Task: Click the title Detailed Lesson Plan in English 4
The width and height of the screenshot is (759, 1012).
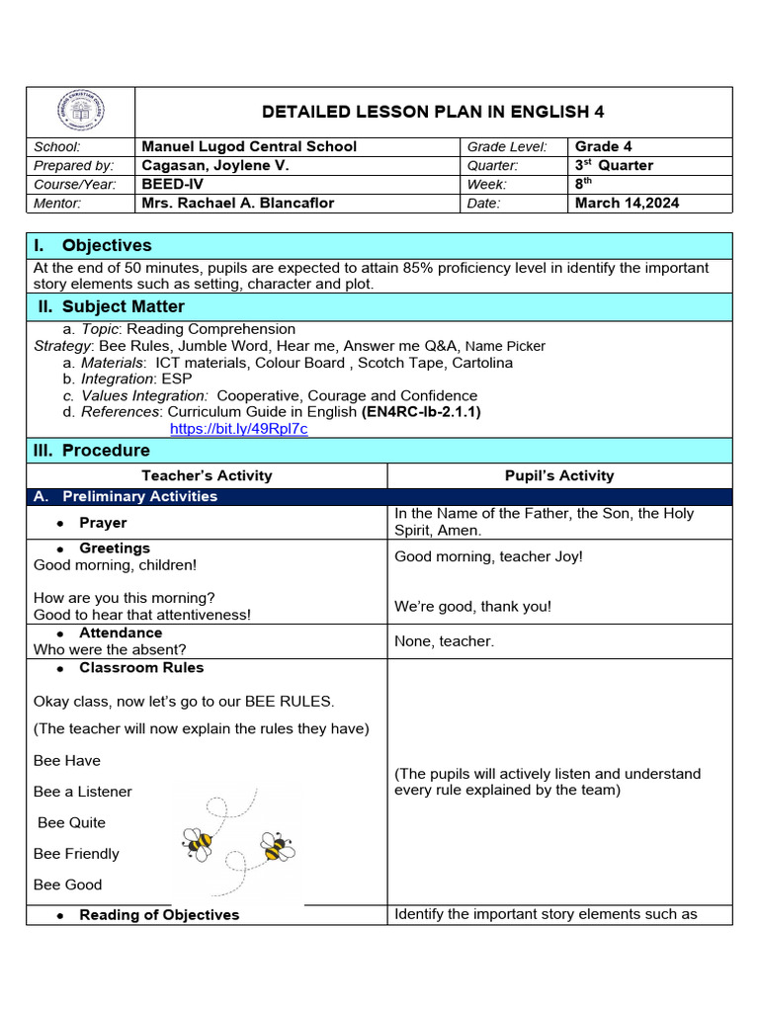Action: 432,111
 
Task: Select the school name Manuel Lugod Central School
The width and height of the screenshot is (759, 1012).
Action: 249,146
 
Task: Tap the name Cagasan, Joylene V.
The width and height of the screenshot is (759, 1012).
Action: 215,165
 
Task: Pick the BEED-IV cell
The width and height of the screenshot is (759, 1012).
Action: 171,184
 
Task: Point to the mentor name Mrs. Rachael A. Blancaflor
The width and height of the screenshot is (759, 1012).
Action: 238,203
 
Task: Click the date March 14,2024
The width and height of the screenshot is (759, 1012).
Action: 627,203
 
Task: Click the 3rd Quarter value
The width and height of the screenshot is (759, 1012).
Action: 614,165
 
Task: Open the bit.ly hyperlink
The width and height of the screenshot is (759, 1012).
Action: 239,429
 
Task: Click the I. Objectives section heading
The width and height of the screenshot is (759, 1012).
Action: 93,245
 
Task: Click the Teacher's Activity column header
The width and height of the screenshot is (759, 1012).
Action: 207,475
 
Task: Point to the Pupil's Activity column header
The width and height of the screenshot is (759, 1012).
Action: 559,475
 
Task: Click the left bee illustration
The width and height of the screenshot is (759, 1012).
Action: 198,842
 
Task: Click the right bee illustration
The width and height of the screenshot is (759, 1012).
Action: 277,846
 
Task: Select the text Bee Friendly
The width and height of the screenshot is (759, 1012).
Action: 76,853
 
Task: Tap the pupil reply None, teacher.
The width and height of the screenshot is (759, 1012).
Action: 444,641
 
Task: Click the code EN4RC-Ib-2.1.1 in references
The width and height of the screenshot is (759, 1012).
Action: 422,411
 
